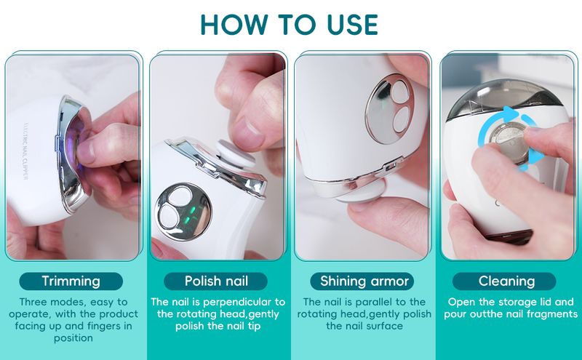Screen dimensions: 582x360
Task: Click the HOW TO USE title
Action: point(289,25)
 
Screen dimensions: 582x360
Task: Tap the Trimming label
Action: point(71,281)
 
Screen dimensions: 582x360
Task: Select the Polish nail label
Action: point(216,281)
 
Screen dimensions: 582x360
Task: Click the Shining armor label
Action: point(364,281)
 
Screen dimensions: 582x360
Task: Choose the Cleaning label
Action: point(506,281)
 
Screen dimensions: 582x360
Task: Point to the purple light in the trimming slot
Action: point(76,148)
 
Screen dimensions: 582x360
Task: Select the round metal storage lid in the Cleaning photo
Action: point(508,141)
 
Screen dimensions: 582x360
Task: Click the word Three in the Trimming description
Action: point(33,302)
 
